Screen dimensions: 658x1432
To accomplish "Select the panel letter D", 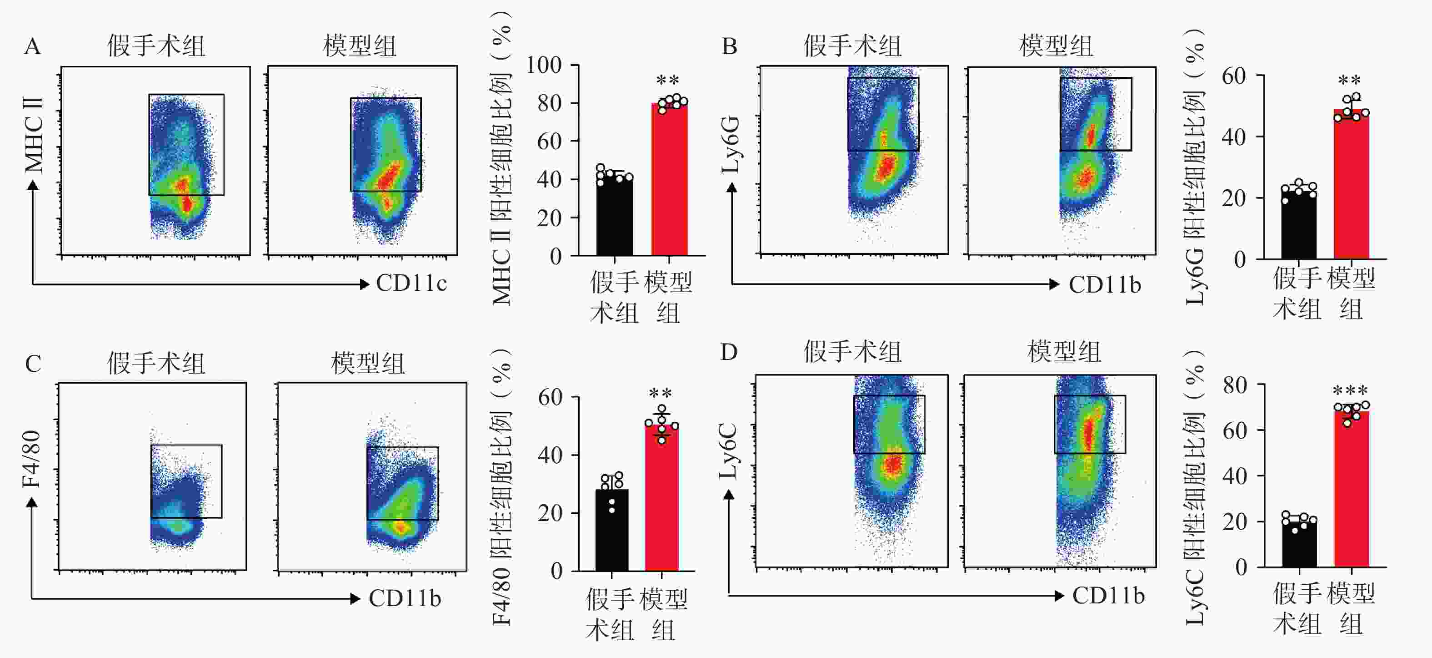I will (x=729, y=353).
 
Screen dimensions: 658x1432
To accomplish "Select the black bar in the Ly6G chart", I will (x=1299, y=225).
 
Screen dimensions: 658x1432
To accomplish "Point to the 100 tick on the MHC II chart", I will (x=544, y=65).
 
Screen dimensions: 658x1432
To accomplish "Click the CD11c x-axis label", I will (x=411, y=283).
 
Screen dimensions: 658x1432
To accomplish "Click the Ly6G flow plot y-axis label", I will (x=731, y=145).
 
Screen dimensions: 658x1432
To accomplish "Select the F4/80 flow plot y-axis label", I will (x=32, y=459).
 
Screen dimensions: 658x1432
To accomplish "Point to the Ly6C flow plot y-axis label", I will (x=728, y=450).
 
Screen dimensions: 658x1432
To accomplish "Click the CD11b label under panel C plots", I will (x=405, y=598).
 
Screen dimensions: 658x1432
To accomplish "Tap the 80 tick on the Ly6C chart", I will (x=1235, y=385).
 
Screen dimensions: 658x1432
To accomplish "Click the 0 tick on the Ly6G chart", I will (x=1240, y=260).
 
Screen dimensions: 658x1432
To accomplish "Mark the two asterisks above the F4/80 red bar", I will (x=661, y=394).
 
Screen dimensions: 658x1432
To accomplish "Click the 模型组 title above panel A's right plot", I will (x=360, y=46).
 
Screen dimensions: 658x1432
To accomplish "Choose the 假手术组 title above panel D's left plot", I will (x=852, y=352).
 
